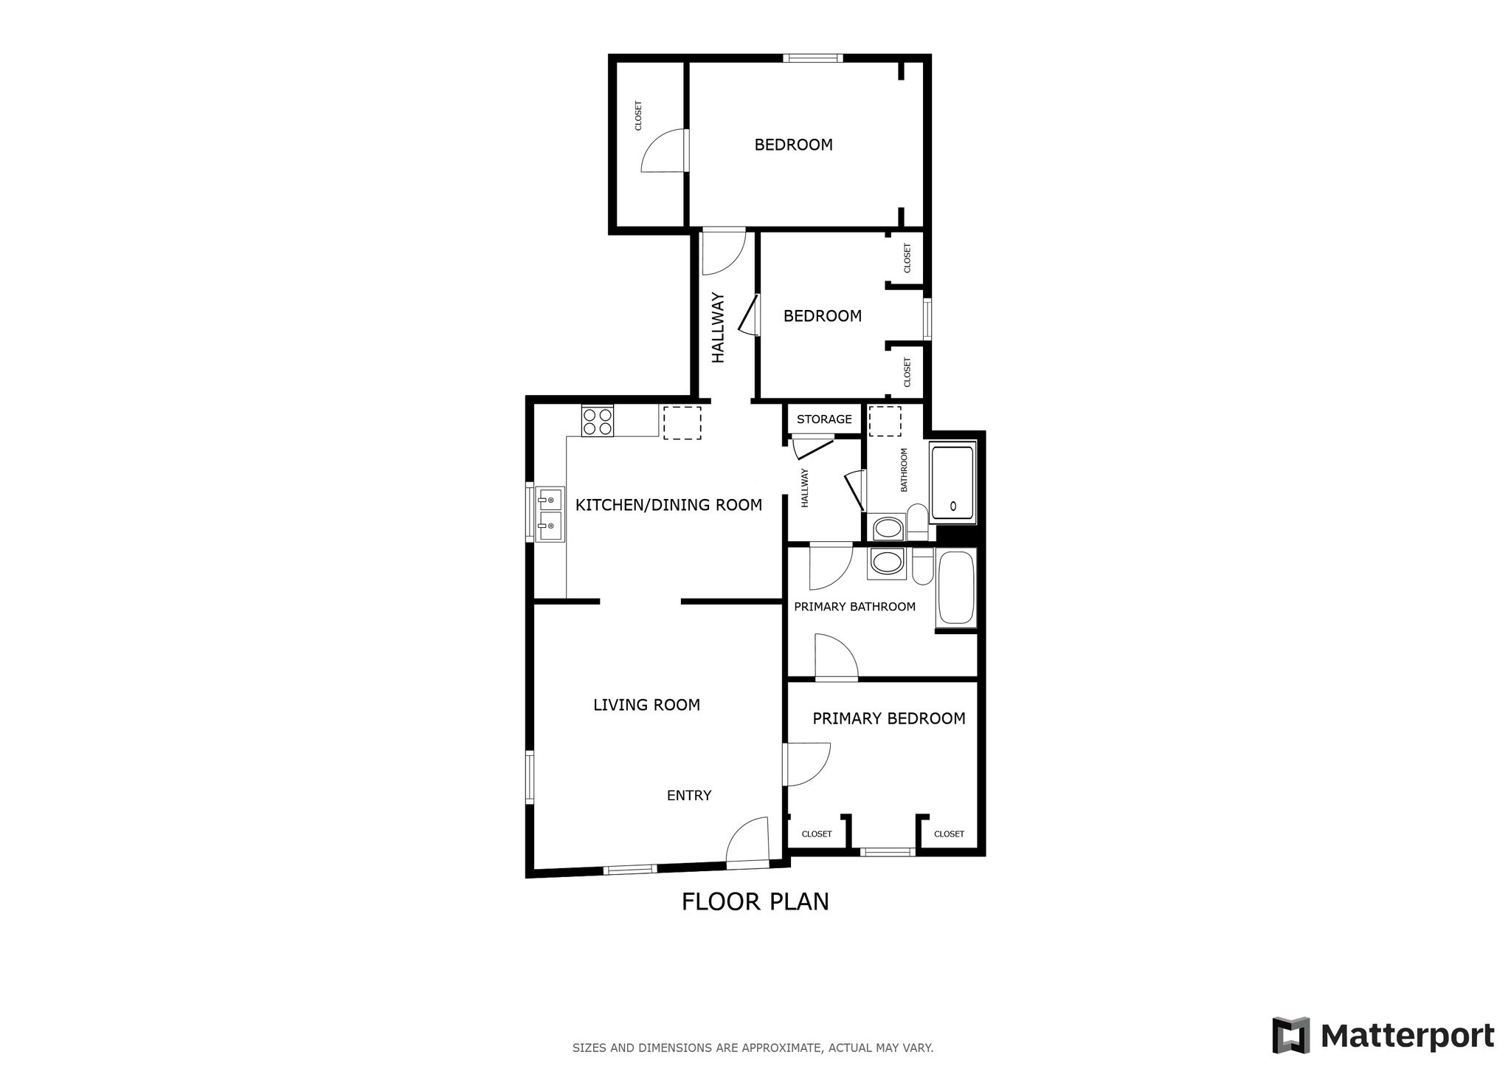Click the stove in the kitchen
[x=597, y=421]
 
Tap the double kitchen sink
[x=550, y=514]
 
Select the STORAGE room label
[x=824, y=419]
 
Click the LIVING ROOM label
[x=646, y=705]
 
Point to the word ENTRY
[x=688, y=795]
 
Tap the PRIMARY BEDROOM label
[x=888, y=718]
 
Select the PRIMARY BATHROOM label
[x=854, y=607]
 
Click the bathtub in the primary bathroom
[x=955, y=588]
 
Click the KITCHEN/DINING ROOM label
[x=668, y=505]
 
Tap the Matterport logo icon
[x=1290, y=1035]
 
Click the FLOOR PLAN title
[x=755, y=901]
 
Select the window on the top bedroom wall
[x=812, y=58]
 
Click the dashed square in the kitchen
[x=682, y=423]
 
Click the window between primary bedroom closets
[x=888, y=852]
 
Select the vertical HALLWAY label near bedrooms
[x=718, y=328]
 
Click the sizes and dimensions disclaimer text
[x=753, y=1048]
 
